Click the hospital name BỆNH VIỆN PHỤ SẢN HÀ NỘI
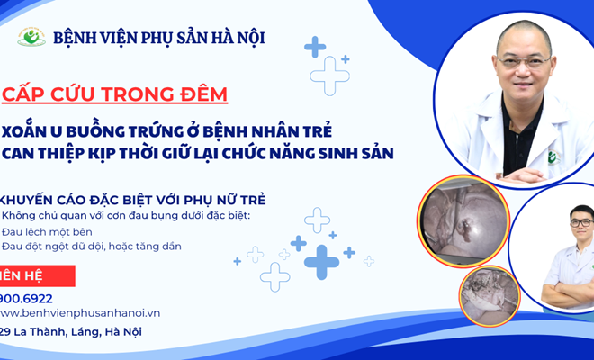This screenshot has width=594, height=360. point(159,39)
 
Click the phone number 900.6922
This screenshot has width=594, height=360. point(26,297)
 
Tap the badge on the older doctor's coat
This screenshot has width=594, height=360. point(553,157)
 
